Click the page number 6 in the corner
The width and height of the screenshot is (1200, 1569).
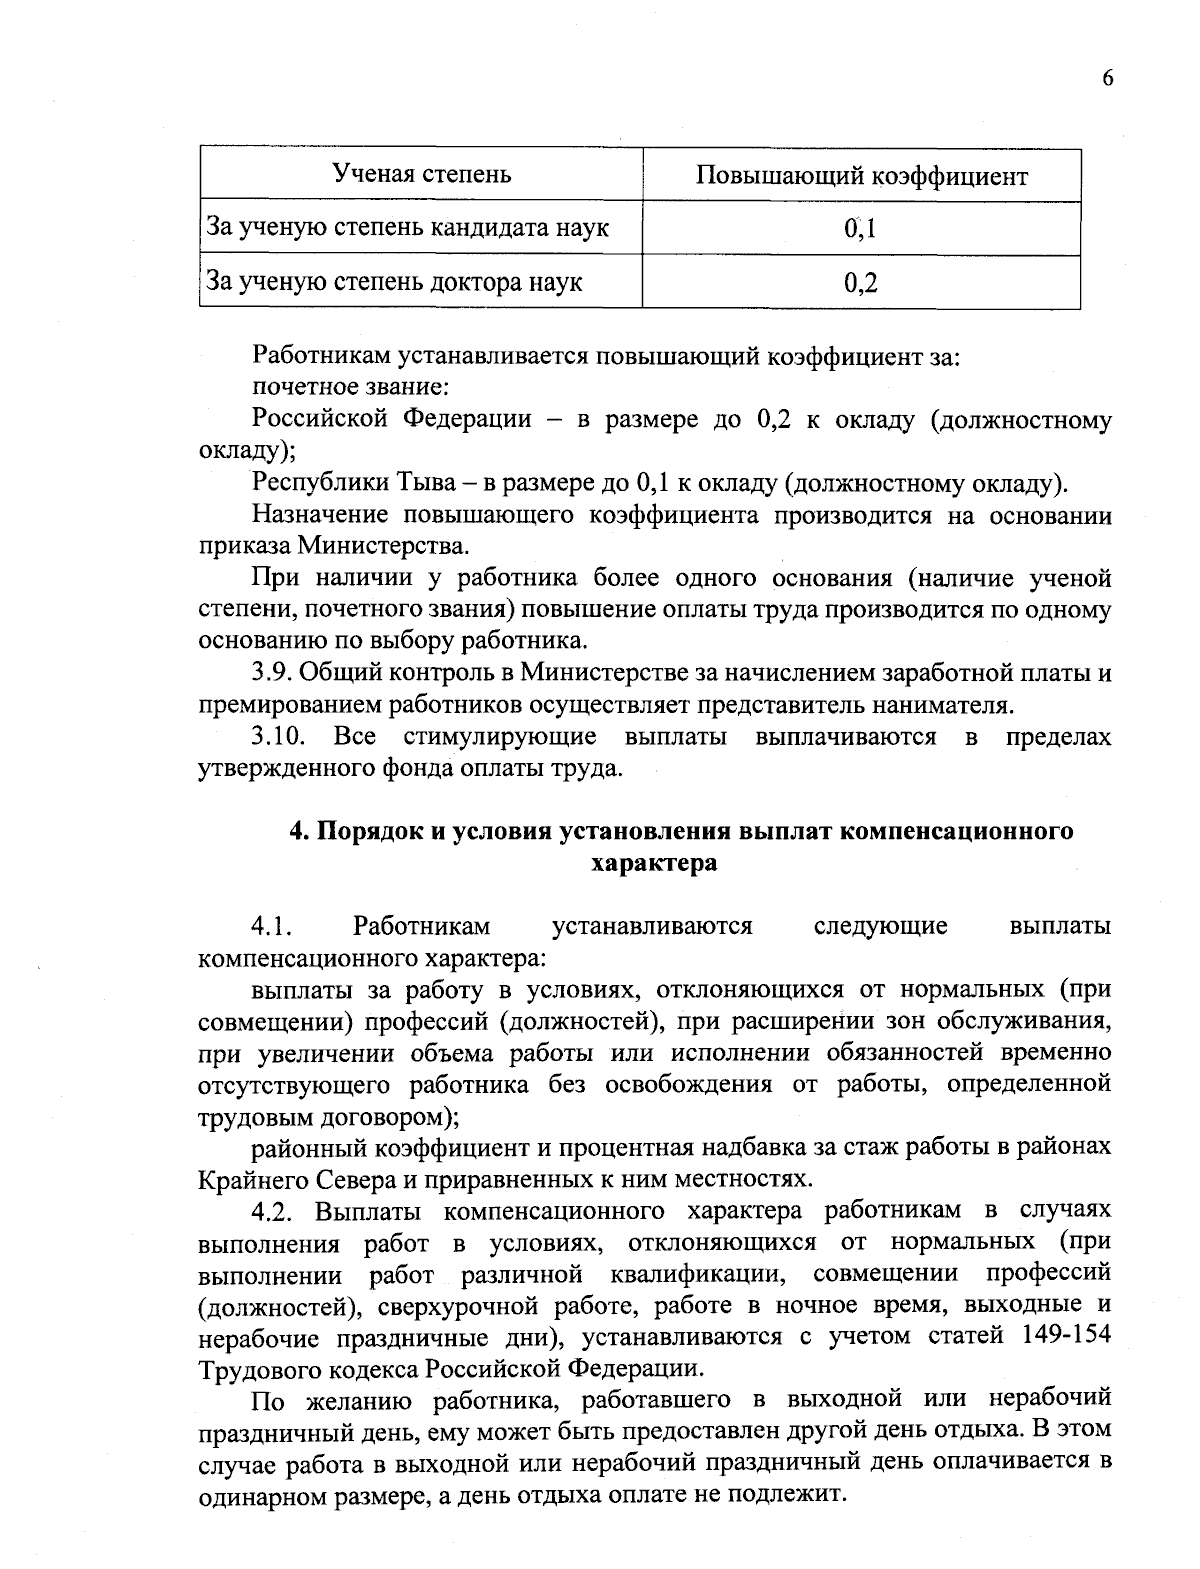coord(1107,80)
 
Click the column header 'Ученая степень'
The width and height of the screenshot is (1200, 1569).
coord(421,175)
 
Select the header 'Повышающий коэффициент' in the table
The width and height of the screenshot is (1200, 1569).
coord(861,177)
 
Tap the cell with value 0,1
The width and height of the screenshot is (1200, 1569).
coord(860,229)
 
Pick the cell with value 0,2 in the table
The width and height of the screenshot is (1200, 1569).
coord(860,283)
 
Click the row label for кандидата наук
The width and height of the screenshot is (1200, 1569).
coord(407,228)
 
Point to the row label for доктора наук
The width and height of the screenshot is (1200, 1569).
coord(394,282)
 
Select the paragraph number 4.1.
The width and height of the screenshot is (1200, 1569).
coord(270,926)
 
